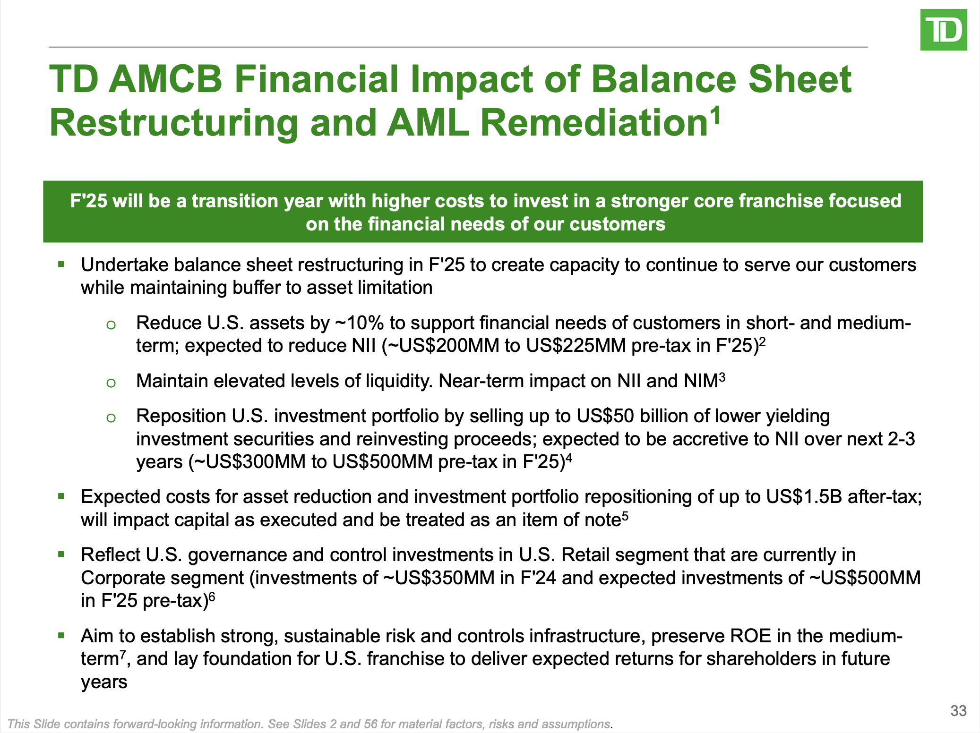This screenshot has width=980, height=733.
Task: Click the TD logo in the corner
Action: tap(943, 30)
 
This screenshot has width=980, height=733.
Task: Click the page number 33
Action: tap(958, 711)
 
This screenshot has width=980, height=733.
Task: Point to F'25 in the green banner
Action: tap(88, 201)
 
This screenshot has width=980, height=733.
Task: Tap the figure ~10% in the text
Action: tap(359, 323)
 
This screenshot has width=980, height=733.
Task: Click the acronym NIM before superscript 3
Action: tap(700, 381)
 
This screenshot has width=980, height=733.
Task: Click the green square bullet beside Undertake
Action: tap(61, 264)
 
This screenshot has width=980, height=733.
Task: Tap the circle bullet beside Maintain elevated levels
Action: tap(111, 383)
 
